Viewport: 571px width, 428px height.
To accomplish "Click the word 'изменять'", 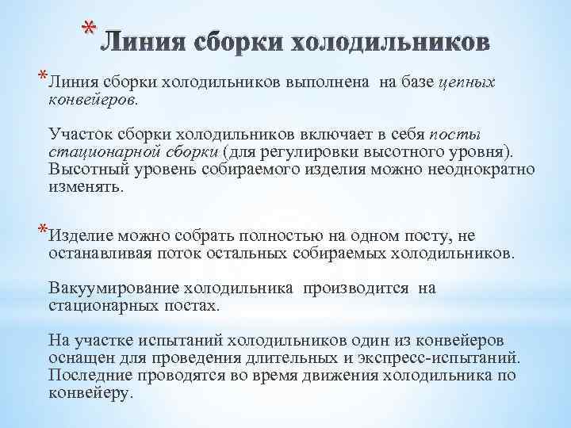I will [85, 188].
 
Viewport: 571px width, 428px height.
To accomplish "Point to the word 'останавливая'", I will [101, 254].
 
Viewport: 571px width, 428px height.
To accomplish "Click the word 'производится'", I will [355, 289].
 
